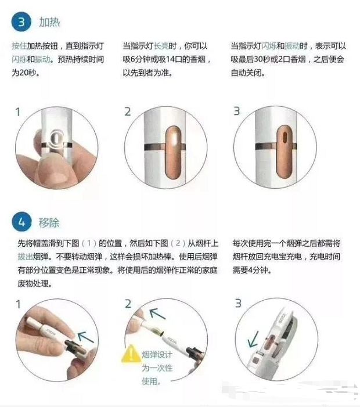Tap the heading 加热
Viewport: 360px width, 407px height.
49,23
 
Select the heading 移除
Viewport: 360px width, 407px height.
49,222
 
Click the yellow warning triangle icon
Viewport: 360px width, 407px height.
131,354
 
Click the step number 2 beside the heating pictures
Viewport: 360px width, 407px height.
127,111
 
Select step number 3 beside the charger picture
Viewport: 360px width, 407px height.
237,304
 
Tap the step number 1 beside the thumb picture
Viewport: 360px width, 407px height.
17,111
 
